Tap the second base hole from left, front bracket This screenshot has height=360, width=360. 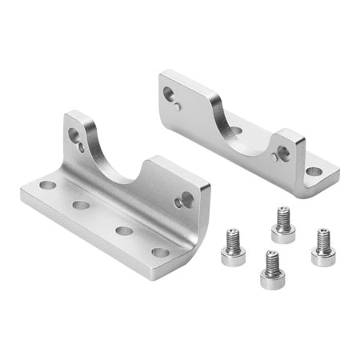click(x=80, y=205)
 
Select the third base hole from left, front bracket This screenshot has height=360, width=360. click(x=123, y=230)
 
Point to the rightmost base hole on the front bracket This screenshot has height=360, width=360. click(x=161, y=253)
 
